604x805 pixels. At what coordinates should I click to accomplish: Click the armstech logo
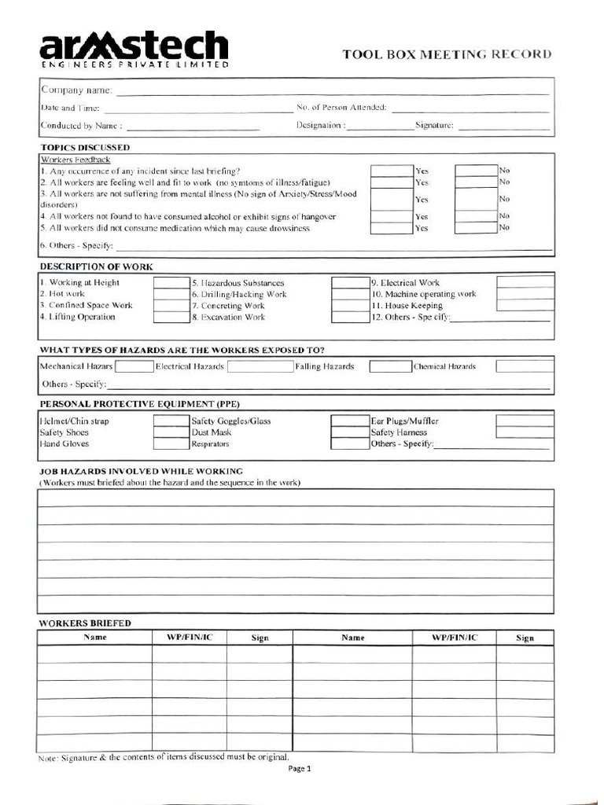[x=134, y=50]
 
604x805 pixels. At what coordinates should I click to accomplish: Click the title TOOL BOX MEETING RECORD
[x=447, y=54]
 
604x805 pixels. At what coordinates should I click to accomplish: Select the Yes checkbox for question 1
[x=392, y=171]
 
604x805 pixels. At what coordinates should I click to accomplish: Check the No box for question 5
[x=476, y=228]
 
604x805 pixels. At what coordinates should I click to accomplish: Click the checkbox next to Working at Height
[x=170, y=283]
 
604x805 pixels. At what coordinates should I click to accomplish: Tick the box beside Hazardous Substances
[x=349, y=283]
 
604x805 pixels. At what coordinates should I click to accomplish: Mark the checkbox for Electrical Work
[x=525, y=282]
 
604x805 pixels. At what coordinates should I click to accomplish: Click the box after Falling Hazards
[x=390, y=366]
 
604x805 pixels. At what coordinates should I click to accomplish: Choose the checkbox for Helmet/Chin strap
[x=170, y=421]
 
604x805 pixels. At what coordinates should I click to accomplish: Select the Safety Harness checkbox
[x=525, y=432]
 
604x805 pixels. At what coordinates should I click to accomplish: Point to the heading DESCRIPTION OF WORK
[x=96, y=266]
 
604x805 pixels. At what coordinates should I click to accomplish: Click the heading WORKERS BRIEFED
[x=85, y=623]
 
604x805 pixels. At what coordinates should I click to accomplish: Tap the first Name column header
[x=95, y=638]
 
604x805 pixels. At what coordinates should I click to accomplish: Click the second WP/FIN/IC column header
[x=454, y=638]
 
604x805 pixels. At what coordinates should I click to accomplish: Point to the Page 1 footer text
[x=301, y=770]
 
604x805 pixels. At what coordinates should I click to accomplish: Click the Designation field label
[x=320, y=125]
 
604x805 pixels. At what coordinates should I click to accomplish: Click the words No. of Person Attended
[x=341, y=107]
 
